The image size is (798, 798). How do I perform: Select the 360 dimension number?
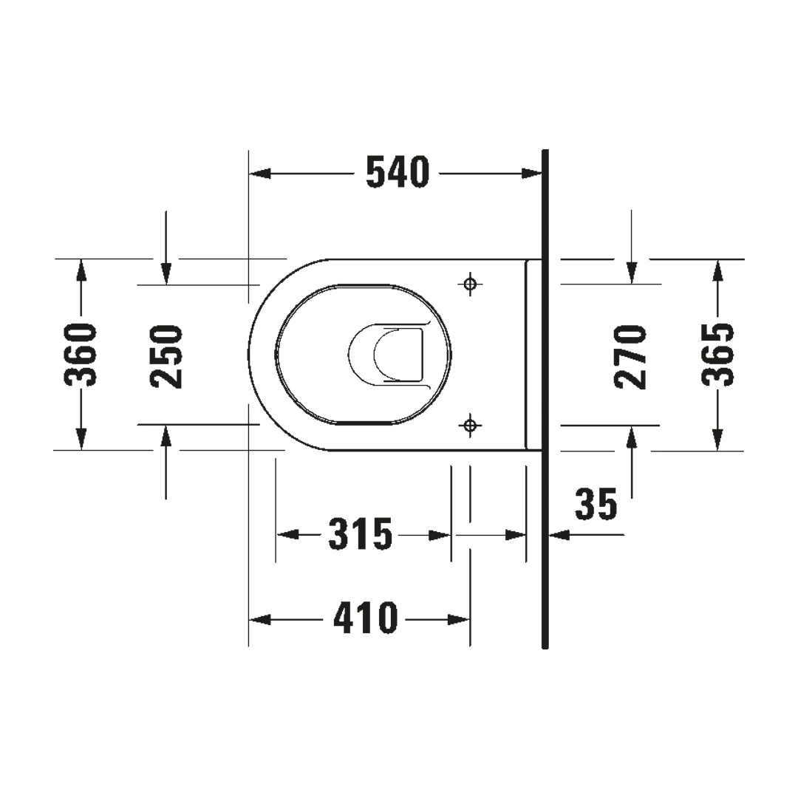(80, 355)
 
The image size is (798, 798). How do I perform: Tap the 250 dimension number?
(166, 356)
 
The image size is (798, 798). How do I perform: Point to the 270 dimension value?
(630, 358)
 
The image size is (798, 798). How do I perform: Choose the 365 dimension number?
(717, 355)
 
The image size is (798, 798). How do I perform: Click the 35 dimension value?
(596, 504)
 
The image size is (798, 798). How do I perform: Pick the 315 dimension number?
(361, 534)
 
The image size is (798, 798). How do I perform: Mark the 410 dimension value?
(366, 618)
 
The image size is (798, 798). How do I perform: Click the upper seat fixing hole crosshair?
(470, 284)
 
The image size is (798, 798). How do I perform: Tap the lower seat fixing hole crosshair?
(470, 424)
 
